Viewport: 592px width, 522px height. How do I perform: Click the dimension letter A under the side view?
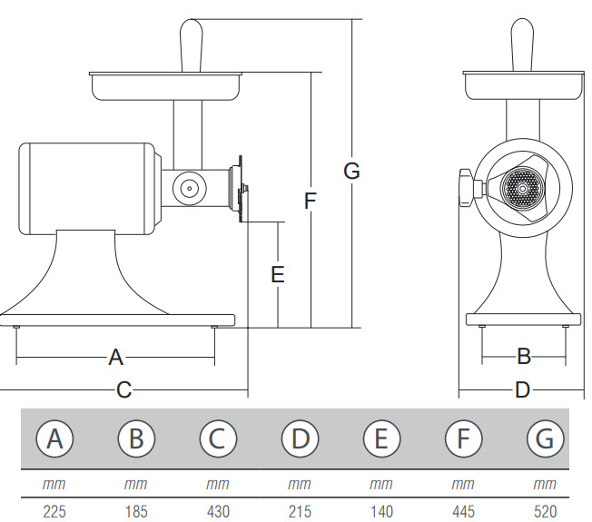coord(115,357)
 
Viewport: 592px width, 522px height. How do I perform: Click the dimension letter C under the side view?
coord(124,390)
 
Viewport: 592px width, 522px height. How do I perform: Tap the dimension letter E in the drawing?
coord(278,273)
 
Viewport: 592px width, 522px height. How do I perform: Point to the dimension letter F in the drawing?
coord(311,201)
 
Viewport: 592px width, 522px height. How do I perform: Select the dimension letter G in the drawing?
coord(351,170)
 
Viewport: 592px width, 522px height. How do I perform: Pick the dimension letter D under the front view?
coord(522,390)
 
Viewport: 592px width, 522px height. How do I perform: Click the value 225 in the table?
coord(54,511)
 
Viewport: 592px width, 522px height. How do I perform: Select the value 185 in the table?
coord(135,511)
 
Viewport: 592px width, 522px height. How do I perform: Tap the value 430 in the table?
coord(218,511)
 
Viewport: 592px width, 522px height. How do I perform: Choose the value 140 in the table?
coord(381,511)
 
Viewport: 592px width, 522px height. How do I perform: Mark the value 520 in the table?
coord(545,511)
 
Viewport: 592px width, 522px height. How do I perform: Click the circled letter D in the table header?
coord(300,439)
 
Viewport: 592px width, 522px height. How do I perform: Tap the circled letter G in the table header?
coord(545,439)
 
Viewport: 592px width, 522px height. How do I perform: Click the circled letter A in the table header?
coord(54,439)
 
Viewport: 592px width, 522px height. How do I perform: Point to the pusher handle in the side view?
coord(192,44)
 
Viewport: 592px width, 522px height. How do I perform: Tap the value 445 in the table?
coord(463,511)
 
